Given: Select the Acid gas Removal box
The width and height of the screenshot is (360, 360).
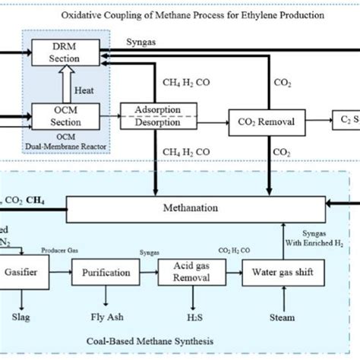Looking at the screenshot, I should coord(181,273).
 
